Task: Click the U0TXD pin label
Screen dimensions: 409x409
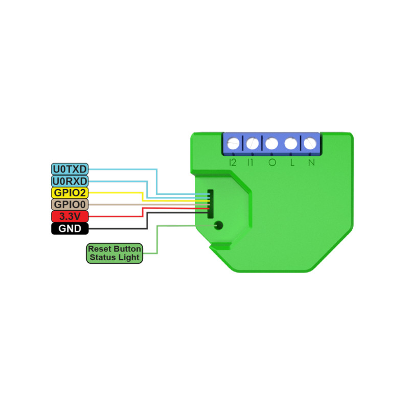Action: click(70, 169)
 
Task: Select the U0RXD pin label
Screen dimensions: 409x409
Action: click(70, 181)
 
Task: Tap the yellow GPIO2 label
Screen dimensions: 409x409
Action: click(70, 193)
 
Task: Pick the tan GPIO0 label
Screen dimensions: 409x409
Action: click(70, 204)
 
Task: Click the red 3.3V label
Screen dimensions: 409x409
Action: click(70, 216)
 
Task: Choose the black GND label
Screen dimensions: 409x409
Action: click(70, 229)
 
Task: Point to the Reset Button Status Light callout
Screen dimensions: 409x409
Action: click(114, 253)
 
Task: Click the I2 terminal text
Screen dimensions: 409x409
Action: click(233, 163)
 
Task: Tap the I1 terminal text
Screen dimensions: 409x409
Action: click(251, 163)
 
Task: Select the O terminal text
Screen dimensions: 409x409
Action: click(271, 163)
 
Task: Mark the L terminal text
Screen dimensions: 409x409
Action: click(292, 163)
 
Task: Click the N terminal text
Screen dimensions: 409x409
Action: click(310, 163)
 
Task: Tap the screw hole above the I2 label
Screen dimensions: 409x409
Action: click(233, 144)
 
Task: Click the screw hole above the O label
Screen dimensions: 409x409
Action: click(271, 144)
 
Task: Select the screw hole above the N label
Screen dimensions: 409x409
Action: click(310, 144)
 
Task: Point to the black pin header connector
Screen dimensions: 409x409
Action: click(209, 202)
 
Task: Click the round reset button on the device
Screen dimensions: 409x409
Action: click(219, 224)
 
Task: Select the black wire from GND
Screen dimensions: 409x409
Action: click(118, 229)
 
